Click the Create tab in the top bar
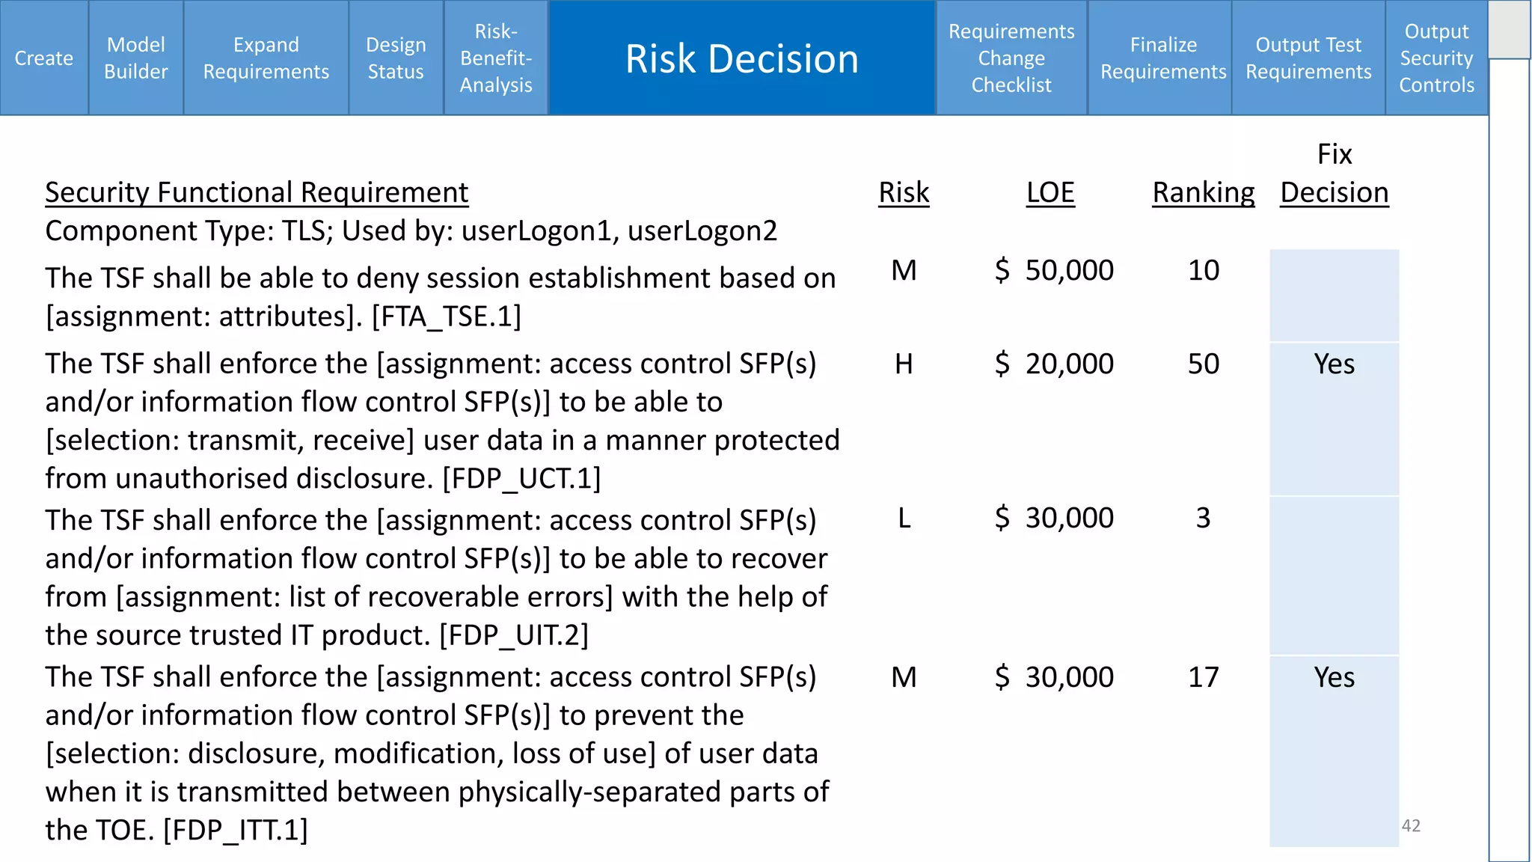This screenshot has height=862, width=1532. [44, 58]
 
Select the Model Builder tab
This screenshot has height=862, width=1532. [136, 58]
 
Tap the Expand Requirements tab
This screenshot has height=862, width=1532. [266, 58]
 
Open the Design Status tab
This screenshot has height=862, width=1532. [396, 58]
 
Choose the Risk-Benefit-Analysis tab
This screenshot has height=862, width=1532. [496, 58]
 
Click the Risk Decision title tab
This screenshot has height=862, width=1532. [742, 58]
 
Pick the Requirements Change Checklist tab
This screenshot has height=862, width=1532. [1011, 58]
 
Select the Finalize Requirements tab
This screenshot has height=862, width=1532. [1163, 58]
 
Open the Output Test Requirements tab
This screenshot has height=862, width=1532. [1308, 58]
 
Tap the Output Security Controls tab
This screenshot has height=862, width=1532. [1436, 58]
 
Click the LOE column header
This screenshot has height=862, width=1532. [1050, 192]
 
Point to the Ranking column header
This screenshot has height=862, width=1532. [1203, 192]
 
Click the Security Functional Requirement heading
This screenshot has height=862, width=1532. [257, 192]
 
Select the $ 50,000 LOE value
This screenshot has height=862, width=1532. [1055, 270]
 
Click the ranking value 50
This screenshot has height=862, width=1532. [1204, 364]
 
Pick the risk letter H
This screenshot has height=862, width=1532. [904, 364]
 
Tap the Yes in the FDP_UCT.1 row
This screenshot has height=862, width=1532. [1334, 364]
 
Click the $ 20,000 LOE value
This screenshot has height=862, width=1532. [1055, 364]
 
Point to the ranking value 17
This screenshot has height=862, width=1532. [1204, 677]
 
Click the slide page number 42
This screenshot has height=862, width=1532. [1411, 825]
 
